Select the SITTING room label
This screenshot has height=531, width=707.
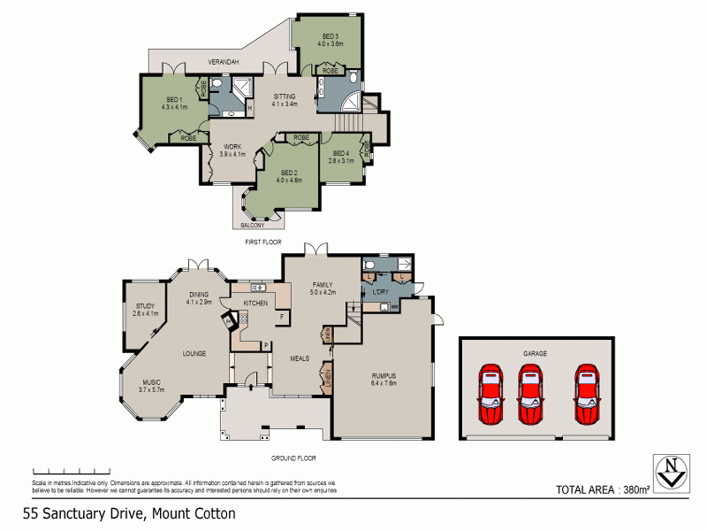tap(284, 99)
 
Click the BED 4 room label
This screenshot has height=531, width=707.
tap(342, 157)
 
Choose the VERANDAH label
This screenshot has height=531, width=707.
tap(224, 63)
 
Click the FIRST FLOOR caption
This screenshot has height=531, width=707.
tap(263, 241)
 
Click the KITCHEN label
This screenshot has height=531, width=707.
tap(255, 304)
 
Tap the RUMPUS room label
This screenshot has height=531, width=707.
tap(385, 379)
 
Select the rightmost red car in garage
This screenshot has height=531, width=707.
tap(587, 395)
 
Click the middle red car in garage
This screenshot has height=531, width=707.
tap(532, 395)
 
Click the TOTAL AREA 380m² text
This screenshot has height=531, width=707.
tap(604, 489)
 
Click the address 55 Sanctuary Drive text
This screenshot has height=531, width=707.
tap(129, 513)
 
